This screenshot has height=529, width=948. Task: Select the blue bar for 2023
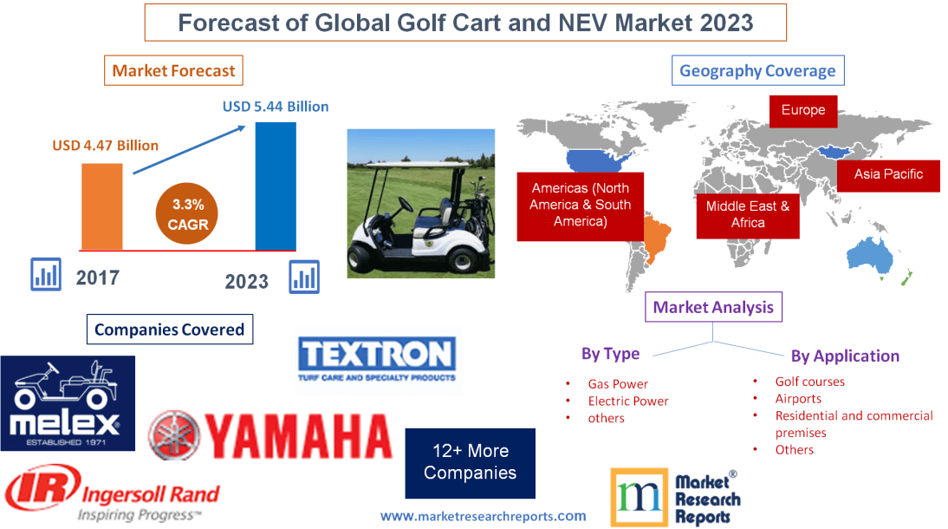[x=276, y=186]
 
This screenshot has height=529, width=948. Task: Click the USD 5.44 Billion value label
[x=276, y=107]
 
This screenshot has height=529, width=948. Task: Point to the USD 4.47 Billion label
[x=105, y=145]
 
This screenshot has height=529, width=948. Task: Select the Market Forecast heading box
[x=173, y=70]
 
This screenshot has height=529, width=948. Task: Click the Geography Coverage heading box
[x=757, y=70]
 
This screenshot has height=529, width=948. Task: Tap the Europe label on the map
[x=803, y=110]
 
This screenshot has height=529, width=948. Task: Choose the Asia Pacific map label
[x=888, y=174]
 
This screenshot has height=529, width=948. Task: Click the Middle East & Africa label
[x=747, y=214]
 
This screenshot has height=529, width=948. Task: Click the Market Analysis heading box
[x=713, y=307]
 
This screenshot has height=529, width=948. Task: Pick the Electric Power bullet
[x=628, y=401]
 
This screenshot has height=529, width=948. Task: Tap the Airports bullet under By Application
[x=798, y=398]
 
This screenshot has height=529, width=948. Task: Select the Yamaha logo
[x=270, y=435]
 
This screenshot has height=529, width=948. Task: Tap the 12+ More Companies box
[x=470, y=462]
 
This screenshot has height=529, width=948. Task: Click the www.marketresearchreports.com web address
[x=484, y=516]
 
